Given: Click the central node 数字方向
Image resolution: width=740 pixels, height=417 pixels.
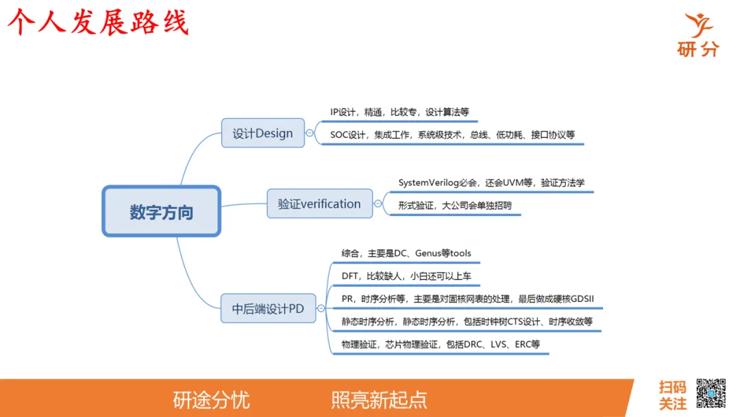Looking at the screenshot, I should point(162,212).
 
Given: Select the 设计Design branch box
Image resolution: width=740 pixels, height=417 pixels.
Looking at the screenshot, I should point(262,133).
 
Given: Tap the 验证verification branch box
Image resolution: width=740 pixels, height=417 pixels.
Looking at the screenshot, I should point(319,204).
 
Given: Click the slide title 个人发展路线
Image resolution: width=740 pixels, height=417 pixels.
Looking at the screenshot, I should point(97,23).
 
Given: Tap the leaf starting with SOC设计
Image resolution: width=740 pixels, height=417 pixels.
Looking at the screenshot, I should point(452,135).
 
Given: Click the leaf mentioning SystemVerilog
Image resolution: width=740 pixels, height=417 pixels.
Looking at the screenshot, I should point(491,183).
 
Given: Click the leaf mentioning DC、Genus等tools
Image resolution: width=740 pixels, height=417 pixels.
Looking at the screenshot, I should point(406,254).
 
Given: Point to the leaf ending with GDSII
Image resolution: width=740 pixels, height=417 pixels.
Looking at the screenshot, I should point(472,299).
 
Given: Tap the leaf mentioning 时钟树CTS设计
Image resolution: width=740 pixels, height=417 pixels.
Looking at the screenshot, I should point(467,322).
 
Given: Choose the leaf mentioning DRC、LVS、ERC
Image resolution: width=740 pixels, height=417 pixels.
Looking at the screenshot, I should point(441,344).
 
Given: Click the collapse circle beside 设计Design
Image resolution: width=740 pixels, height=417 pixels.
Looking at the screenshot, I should point(310,133).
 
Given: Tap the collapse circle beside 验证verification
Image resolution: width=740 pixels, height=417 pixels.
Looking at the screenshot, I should point(378,204).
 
